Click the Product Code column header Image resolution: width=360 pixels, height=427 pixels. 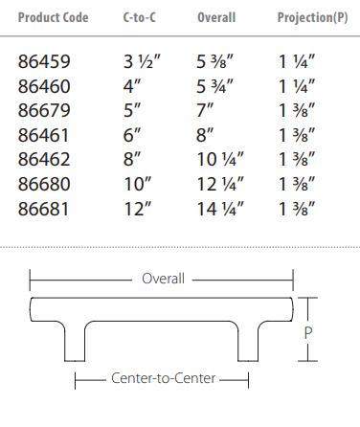point(53,17)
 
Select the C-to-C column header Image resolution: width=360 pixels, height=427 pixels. point(140,17)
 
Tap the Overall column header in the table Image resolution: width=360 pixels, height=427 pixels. point(216,17)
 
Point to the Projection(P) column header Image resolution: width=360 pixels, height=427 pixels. point(312,17)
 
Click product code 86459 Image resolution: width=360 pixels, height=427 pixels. point(44,61)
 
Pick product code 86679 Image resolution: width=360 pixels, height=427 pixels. point(44,111)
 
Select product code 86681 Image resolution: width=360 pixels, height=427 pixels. point(43,210)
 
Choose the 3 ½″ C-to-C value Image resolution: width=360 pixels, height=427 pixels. point(142,61)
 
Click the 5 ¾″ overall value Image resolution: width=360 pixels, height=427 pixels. point(214,86)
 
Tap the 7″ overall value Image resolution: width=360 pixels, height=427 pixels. point(205,111)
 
